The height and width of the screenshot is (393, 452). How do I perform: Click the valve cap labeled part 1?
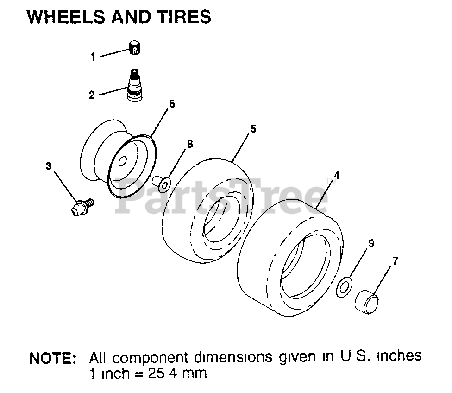tap(134, 48)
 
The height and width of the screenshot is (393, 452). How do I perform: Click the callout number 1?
tap(93, 57)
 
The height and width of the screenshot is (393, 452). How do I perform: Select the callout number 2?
tap(92, 95)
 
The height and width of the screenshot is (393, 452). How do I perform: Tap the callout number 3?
tap(49, 165)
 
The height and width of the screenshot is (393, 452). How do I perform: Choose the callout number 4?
tap(337, 176)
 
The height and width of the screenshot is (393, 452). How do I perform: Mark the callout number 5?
tap(253, 129)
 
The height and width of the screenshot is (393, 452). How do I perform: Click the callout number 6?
tap(172, 104)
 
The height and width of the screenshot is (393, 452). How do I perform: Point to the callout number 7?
tap(395, 261)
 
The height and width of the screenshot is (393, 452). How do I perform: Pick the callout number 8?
tap(189, 144)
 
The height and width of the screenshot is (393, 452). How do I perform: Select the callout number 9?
tap(371, 243)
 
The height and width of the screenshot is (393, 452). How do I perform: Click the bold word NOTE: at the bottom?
tap(53, 358)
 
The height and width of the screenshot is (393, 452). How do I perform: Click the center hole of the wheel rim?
tap(122, 162)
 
